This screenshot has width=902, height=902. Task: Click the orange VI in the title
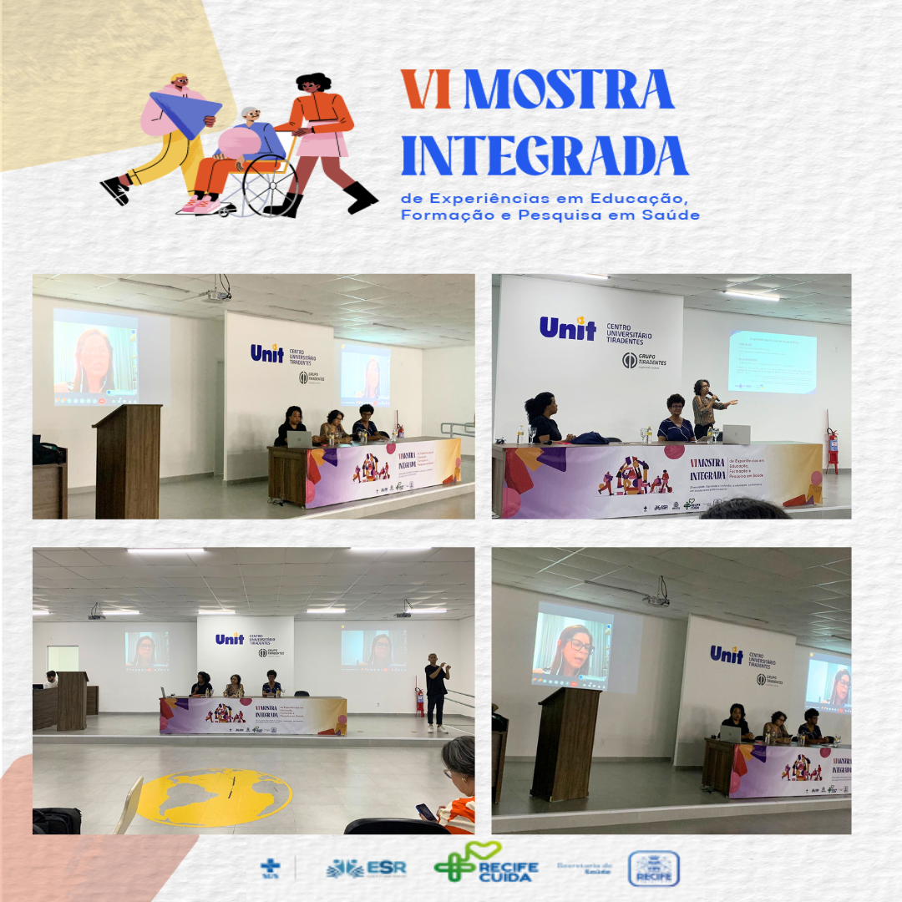pos(426,90)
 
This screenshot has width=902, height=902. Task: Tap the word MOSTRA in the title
pos(568,90)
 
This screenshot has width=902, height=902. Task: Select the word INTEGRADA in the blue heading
pos(545,155)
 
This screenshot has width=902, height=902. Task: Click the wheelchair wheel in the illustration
pos(269,185)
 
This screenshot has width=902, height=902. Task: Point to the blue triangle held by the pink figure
pos(185,111)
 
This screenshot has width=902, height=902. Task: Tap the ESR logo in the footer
pos(367,868)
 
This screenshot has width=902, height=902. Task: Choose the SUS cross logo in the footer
pos(271,868)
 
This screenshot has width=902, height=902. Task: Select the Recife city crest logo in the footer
pos(653,869)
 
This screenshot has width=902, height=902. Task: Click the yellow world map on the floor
pos(215,797)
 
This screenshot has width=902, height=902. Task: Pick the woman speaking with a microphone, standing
pos(704,408)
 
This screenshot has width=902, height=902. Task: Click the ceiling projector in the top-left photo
pos(219,294)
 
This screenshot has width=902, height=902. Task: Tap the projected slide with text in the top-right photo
pos(772,361)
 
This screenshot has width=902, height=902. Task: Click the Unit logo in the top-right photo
pos(568,328)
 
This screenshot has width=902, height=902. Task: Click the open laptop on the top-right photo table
pos(735,434)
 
